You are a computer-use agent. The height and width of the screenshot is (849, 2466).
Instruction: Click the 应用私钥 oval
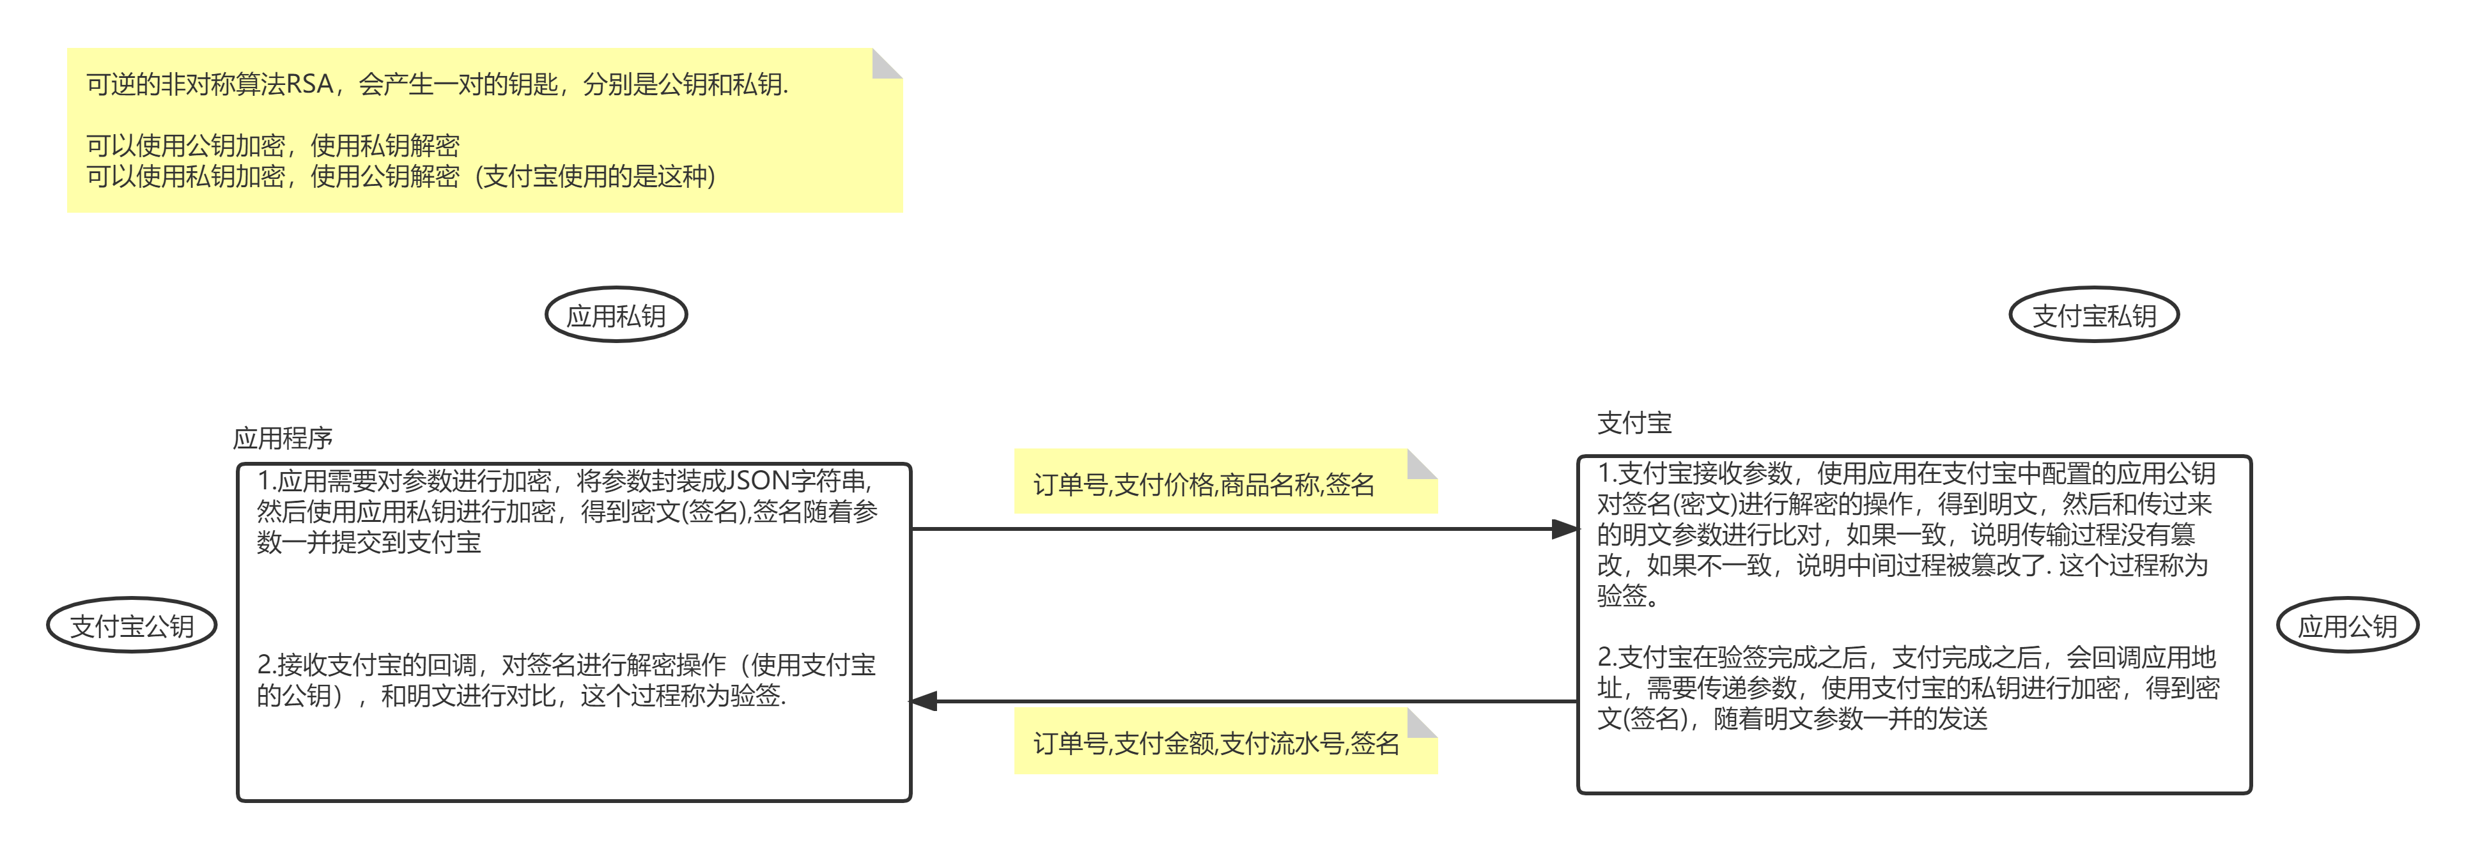pyautogui.click(x=616, y=316)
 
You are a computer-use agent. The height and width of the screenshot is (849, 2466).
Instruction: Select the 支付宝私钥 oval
pyautogui.click(x=2093, y=316)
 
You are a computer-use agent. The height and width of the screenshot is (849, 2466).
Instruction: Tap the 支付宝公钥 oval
pyautogui.click(x=132, y=626)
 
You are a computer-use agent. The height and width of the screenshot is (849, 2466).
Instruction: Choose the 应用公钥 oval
pyautogui.click(x=2347, y=626)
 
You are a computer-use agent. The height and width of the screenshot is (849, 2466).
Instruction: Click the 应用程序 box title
pyautogui.click(x=283, y=438)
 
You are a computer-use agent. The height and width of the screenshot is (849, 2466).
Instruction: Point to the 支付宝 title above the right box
pyautogui.click(x=1634, y=422)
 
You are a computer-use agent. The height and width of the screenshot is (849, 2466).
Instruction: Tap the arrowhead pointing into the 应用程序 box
pyautogui.click(x=923, y=701)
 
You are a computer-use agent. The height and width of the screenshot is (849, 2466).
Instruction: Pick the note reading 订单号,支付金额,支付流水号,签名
pyautogui.click(x=1216, y=744)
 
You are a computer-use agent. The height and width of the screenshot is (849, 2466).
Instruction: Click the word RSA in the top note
pyautogui.click(x=309, y=84)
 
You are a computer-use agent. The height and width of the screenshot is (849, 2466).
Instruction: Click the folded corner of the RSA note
pyautogui.click(x=887, y=63)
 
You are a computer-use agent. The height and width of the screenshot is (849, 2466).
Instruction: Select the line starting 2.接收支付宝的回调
pyautogui.click(x=566, y=664)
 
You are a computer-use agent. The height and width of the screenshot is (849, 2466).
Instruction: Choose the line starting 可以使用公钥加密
pyautogui.click(x=273, y=146)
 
